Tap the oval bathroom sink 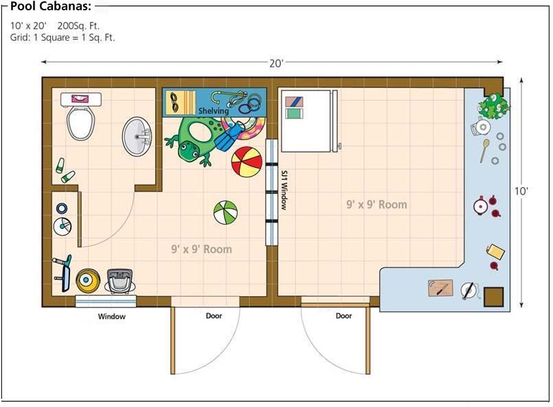tap(137, 136)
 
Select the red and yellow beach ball tap(247, 162)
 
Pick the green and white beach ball tap(225, 212)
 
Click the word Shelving tap(214, 111)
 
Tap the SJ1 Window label tap(284, 190)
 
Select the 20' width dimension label tap(276, 63)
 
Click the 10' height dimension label tap(521, 191)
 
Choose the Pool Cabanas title tap(51, 6)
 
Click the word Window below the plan tap(111, 316)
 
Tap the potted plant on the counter tap(493, 106)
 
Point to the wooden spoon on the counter tap(484, 151)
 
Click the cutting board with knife tap(440, 288)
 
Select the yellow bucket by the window tap(87, 280)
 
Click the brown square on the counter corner tap(493, 296)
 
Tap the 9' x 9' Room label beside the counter tap(376, 204)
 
